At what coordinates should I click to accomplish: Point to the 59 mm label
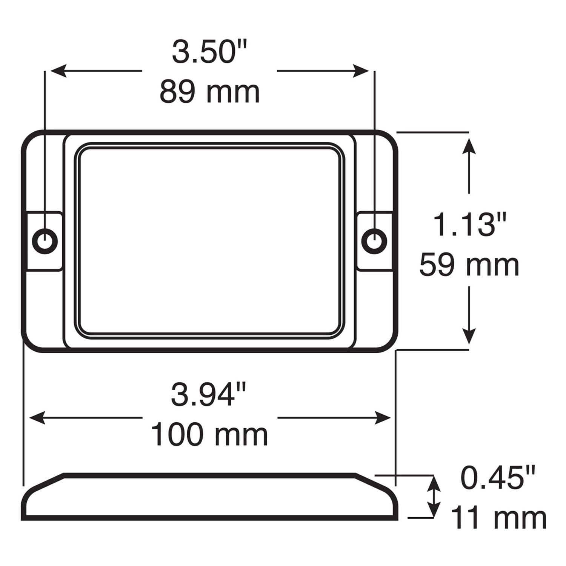point(469,265)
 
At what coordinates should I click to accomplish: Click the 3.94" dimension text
point(209,395)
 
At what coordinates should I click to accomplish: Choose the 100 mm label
point(209,435)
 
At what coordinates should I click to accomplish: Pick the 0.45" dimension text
point(498,478)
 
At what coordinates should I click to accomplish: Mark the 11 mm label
point(498,518)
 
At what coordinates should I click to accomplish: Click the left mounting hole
point(45,240)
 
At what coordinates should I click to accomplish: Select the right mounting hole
point(374,240)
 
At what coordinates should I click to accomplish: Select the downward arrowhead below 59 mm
point(469,336)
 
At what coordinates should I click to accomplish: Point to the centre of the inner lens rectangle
point(210,240)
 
